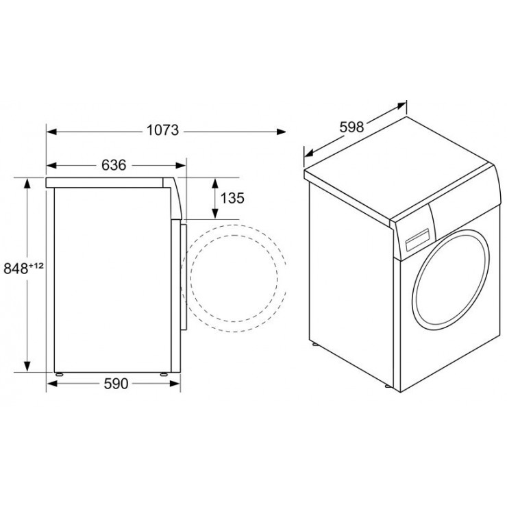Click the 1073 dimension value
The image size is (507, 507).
coord(162,130)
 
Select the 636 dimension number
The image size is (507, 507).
coord(114,165)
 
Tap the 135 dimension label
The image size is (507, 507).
coord(232,198)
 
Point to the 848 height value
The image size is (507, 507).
coord(16,269)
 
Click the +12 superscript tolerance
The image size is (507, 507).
coord(36,265)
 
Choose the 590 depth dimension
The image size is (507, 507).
coord(116,384)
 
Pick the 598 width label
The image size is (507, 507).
coord(351,127)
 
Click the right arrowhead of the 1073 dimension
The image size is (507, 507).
coord(281,132)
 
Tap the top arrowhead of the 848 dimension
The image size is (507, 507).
coord(27,184)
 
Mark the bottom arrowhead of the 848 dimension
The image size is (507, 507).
coord(27,367)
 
